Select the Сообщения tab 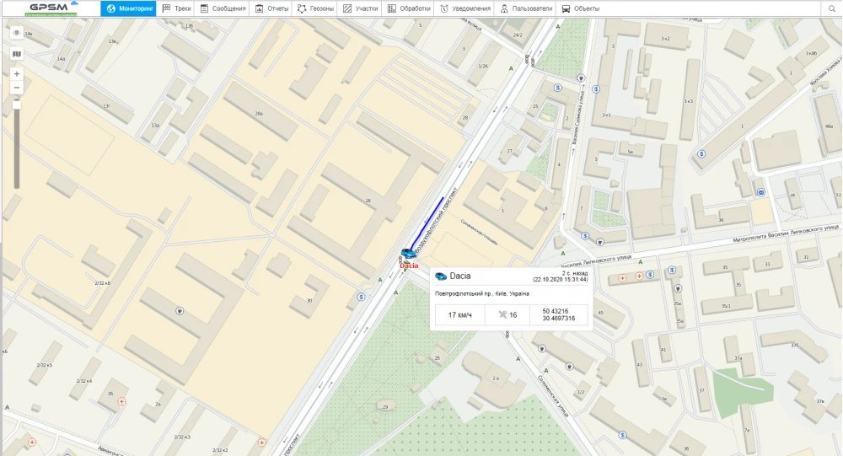point(223,8)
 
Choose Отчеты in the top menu point(271,8)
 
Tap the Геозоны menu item point(316,8)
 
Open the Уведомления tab point(465,8)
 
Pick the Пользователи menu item point(526,8)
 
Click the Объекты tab point(581,8)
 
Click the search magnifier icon point(831,8)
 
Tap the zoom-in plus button point(17,74)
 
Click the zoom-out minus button point(17,88)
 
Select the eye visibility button point(17,33)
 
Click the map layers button point(17,53)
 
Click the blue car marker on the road point(408,253)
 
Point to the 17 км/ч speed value point(459,314)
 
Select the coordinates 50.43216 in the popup point(557,310)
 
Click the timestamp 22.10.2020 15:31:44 point(560,279)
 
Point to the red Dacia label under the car point(408,266)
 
